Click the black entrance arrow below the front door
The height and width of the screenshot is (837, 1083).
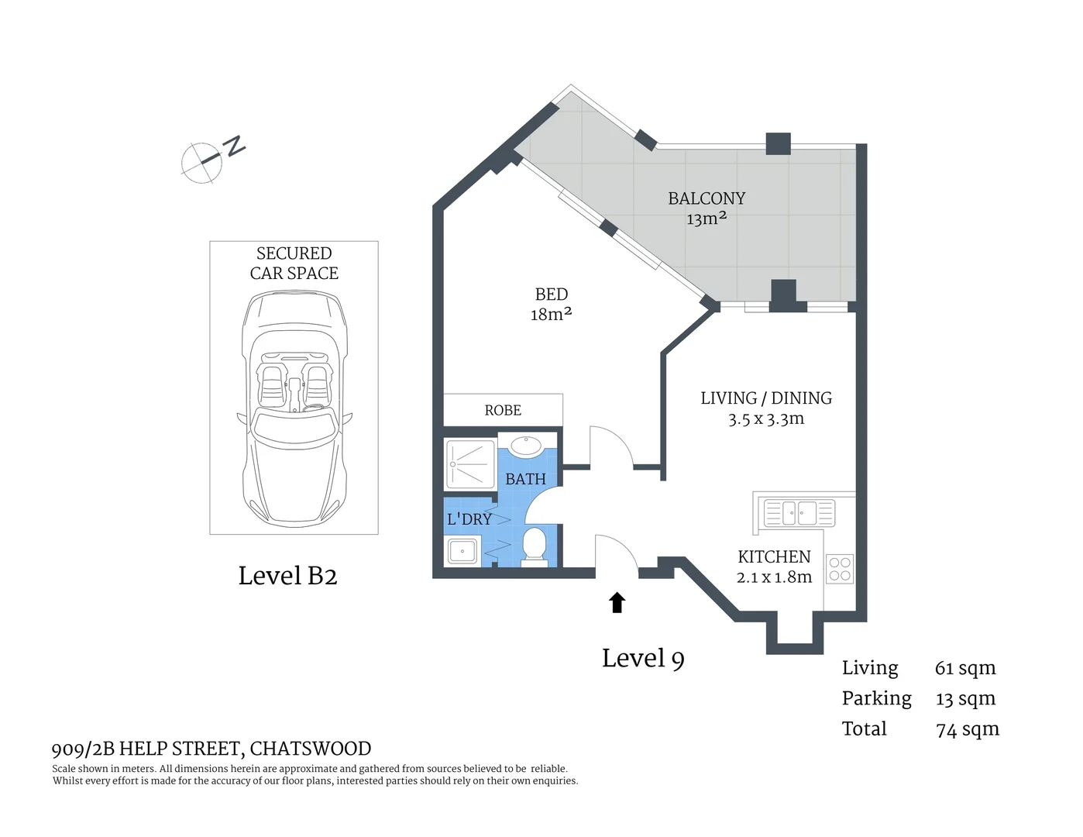click(617, 601)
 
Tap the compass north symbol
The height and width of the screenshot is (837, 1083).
click(213, 158)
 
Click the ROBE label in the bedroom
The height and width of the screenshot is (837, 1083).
click(503, 410)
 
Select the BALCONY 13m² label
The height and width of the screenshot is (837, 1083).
click(707, 208)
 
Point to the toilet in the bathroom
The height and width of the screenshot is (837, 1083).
click(534, 547)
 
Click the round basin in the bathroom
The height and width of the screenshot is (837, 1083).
click(526, 446)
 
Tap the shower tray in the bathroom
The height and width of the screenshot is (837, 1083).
click(470, 463)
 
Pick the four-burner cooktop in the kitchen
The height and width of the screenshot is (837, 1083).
click(840, 569)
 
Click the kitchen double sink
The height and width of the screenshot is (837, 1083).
click(799, 513)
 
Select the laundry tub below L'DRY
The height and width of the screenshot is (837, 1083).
click(462, 551)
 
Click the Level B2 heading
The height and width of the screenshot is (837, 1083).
click(287, 576)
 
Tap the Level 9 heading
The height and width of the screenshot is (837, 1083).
click(643, 659)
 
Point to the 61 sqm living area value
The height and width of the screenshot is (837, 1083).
click(965, 668)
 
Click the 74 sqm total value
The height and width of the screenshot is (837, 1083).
click(968, 729)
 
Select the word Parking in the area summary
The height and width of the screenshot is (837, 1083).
click(877, 699)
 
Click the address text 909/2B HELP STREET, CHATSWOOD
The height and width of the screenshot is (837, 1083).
click(211, 749)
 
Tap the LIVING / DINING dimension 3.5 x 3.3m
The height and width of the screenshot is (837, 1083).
click(766, 418)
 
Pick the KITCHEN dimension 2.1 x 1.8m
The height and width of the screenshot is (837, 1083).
click(774, 577)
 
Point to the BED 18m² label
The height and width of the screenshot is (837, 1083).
click(552, 304)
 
